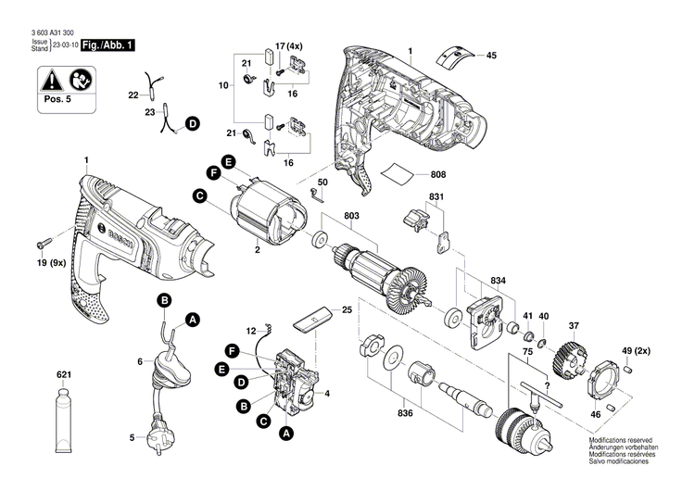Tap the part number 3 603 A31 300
pos(47,32)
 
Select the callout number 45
pos(491,56)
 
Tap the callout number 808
pos(437,175)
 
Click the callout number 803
pos(351,218)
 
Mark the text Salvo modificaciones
pos(620,474)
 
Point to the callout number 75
pos(525,352)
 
